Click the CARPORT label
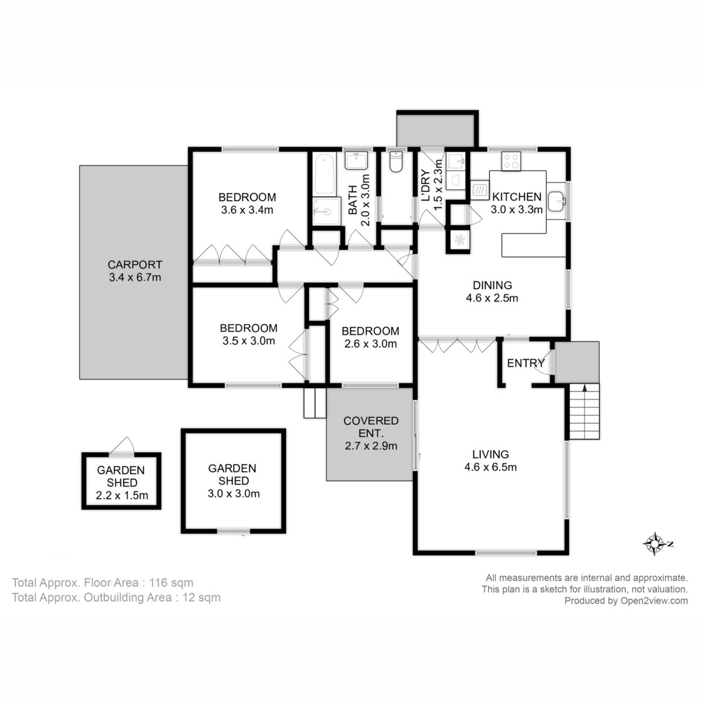134,265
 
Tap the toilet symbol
396,163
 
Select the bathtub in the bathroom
323,174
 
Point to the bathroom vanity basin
356,160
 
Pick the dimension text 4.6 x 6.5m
490,468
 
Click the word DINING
492,285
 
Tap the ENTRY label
526,363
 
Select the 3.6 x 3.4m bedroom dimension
247,210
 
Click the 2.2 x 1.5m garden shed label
121,496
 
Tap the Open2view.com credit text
625,600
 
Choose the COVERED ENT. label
371,427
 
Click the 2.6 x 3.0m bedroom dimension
370,344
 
